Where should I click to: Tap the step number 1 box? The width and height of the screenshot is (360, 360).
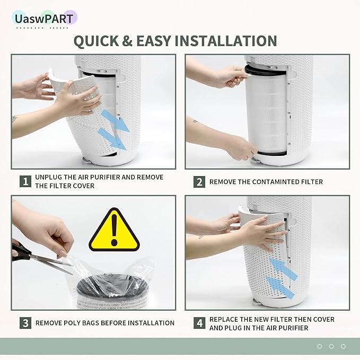click(25, 182)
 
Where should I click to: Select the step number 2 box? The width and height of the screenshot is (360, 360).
click(199, 182)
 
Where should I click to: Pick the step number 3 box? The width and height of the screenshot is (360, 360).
click(25, 322)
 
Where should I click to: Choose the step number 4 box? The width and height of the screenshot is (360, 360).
click(199, 323)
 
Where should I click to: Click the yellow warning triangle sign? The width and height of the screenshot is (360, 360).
click(113, 230)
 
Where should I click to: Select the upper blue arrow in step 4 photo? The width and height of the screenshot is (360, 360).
click(282, 265)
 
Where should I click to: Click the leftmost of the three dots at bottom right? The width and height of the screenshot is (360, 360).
click(319, 346)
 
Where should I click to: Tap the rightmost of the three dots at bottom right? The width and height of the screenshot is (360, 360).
click(343, 346)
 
